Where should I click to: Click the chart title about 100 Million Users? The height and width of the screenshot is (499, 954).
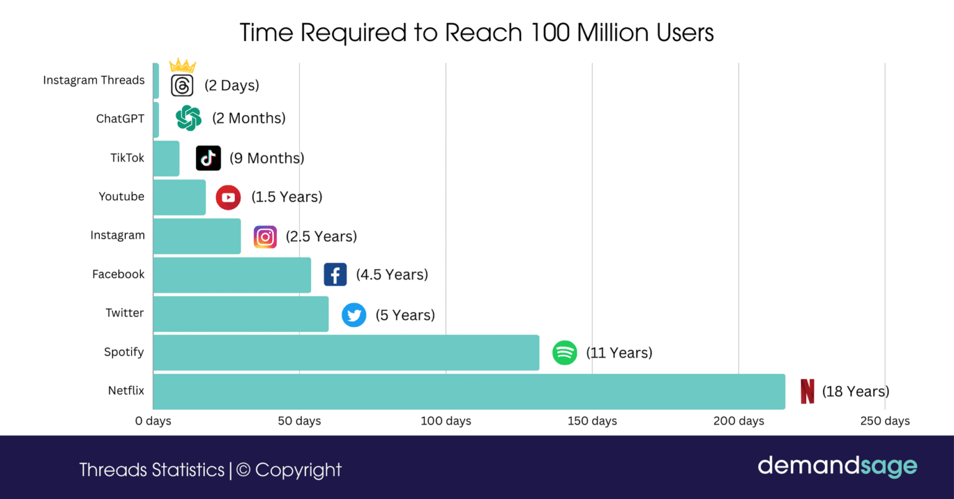[x=476, y=32]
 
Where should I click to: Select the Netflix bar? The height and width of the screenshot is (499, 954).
[x=469, y=391]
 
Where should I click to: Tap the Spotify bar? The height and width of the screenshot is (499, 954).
[x=346, y=352]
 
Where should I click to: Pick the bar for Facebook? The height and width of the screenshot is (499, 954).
[x=232, y=275]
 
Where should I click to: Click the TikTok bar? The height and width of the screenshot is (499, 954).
[x=166, y=158]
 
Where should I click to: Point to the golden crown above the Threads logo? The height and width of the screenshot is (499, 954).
[x=182, y=65]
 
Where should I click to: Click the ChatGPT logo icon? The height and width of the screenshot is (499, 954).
[x=188, y=118]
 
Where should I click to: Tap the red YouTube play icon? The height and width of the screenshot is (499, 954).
[x=228, y=198]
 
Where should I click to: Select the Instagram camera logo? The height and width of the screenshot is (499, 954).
[x=265, y=237]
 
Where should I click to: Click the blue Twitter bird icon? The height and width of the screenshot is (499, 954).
[x=354, y=315]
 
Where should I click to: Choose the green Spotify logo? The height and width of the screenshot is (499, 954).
[x=565, y=353]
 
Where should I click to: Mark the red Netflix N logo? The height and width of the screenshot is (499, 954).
[x=807, y=391]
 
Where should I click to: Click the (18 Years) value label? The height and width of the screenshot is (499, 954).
[x=855, y=391]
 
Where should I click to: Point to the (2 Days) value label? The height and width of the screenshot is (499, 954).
[x=232, y=86]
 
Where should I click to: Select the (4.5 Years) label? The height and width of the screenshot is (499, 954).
[x=392, y=275]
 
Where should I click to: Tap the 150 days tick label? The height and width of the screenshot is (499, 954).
[x=592, y=421]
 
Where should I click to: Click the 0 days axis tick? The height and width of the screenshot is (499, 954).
[x=153, y=421]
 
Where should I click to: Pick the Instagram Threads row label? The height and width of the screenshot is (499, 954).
[x=94, y=80]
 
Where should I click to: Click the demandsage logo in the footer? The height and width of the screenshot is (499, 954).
[x=837, y=466]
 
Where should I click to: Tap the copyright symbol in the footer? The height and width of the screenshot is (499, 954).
[x=243, y=470]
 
